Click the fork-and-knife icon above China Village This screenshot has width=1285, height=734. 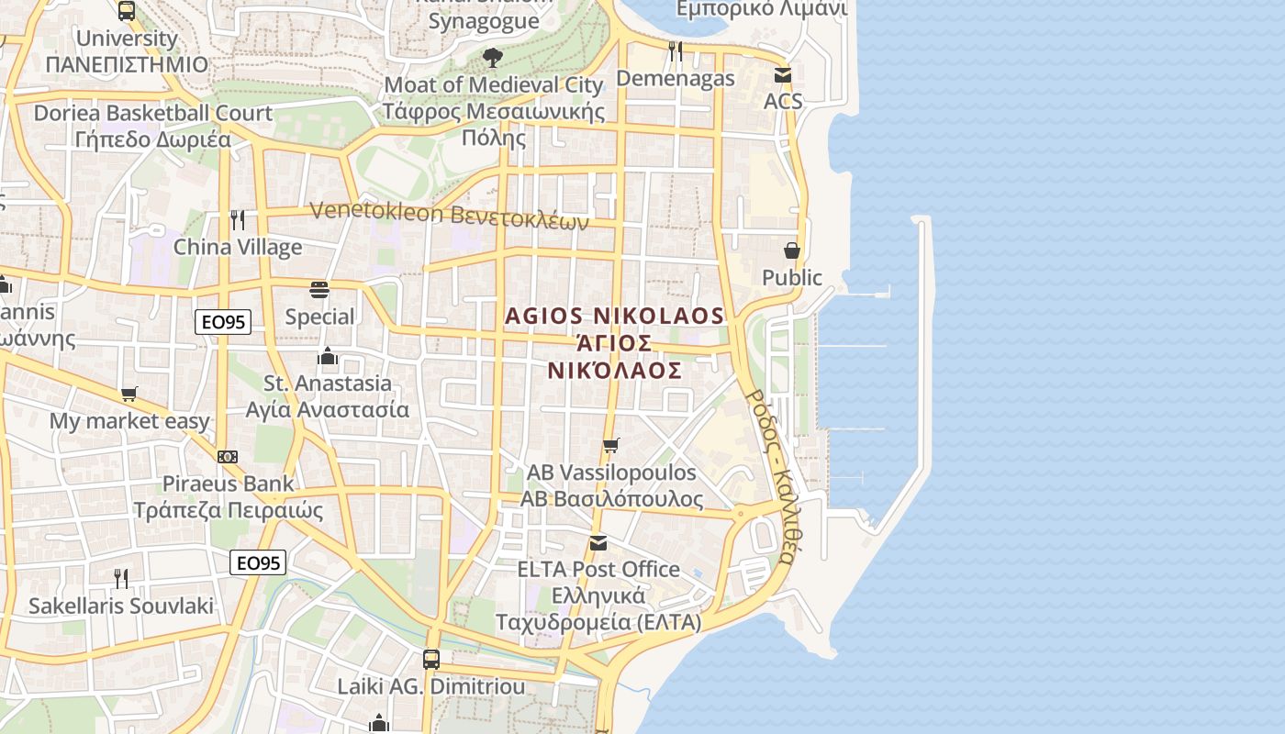pyautogui.click(x=237, y=220)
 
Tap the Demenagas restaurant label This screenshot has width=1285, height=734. pyautogui.click(x=675, y=78)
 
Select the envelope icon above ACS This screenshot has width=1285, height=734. pyautogui.click(x=782, y=75)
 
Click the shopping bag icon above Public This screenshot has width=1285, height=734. pyautogui.click(x=791, y=250)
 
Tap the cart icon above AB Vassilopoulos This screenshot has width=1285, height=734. pyautogui.click(x=610, y=446)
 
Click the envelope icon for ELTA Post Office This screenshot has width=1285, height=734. pyautogui.click(x=598, y=543)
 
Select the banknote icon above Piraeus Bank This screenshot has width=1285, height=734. pyautogui.click(x=228, y=457)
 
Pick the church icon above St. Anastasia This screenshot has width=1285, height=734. pyautogui.click(x=328, y=356)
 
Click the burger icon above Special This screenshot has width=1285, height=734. pyautogui.click(x=319, y=290)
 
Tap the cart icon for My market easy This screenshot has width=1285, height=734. pyautogui.click(x=129, y=395)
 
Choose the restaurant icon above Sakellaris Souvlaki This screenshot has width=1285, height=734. pyautogui.click(x=120, y=578)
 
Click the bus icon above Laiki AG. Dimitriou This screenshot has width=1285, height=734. pyautogui.click(x=430, y=659)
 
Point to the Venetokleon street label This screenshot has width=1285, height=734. pyautogui.click(x=449, y=214)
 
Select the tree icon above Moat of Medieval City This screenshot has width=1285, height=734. pyautogui.click(x=493, y=58)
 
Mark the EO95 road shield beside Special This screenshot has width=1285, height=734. pyautogui.click(x=223, y=321)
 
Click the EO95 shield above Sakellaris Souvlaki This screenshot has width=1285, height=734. pyautogui.click(x=258, y=562)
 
